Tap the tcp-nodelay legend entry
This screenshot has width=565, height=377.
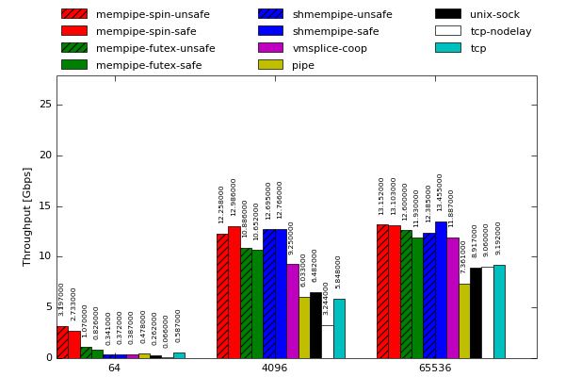487,31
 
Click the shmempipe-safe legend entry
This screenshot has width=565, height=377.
323,31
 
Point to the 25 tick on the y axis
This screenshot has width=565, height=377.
45,105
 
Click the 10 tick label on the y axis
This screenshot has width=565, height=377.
45,256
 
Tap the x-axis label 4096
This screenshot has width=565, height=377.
274,369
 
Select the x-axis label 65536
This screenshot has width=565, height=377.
434,369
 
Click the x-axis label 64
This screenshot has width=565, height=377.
114,369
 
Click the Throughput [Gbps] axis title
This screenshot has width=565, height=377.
28,217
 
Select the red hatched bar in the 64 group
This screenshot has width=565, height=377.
62,342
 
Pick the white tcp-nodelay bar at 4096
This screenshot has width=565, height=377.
327,341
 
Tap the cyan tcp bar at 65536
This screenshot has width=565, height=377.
499,311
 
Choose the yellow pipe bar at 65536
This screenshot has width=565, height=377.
464,320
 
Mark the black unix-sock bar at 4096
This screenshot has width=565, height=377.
315,325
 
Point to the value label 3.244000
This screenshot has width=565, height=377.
327,299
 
